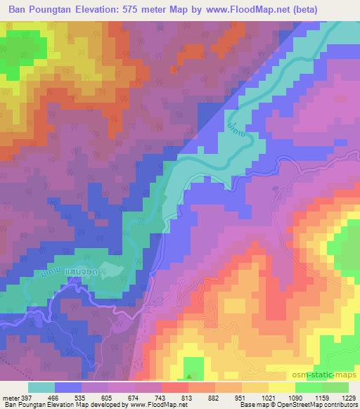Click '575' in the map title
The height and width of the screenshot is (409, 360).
tap(146, 10)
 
